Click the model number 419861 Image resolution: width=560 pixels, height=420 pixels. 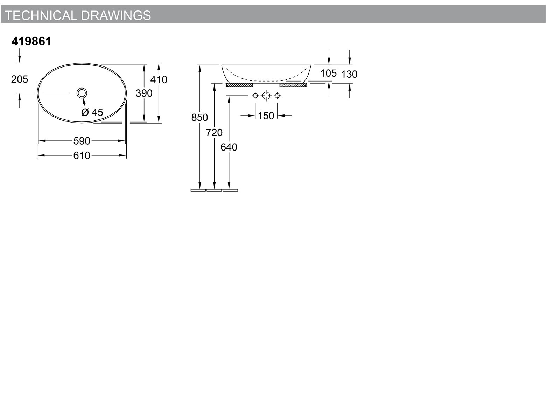[x=31, y=41]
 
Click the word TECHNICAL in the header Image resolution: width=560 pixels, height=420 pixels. [x=41, y=15]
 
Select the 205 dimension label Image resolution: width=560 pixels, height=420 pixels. [x=19, y=79]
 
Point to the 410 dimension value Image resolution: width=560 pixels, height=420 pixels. [x=159, y=80]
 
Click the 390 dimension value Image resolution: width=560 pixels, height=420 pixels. [x=144, y=93]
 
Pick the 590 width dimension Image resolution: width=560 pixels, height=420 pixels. [x=82, y=141]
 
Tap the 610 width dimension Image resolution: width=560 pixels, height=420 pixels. [x=82, y=155]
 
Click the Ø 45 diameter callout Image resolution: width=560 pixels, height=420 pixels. [x=92, y=112]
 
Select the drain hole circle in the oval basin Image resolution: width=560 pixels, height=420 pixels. [x=82, y=89]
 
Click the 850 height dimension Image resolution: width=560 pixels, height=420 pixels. [x=199, y=118]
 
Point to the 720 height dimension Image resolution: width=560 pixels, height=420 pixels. [x=214, y=133]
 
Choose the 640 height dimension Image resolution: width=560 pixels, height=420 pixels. [x=229, y=147]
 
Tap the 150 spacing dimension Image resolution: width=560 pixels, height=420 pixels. [x=266, y=116]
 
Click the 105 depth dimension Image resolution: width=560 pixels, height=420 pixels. [x=328, y=73]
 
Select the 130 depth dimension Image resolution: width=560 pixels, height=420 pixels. [x=349, y=74]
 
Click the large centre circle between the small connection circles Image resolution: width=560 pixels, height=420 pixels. [x=266, y=92]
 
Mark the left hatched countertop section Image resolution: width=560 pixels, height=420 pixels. [x=239, y=85]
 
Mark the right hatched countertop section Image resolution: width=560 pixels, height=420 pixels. [x=293, y=85]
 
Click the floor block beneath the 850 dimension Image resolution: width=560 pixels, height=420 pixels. [x=198, y=190]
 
